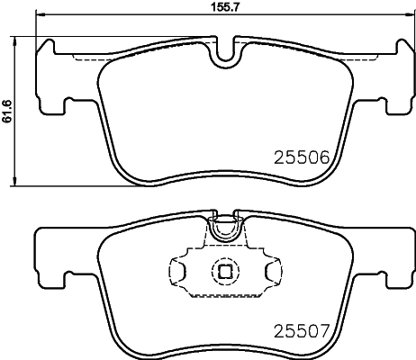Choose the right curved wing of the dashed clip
tap(271, 269)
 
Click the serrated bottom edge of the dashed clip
tap(223, 295)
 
